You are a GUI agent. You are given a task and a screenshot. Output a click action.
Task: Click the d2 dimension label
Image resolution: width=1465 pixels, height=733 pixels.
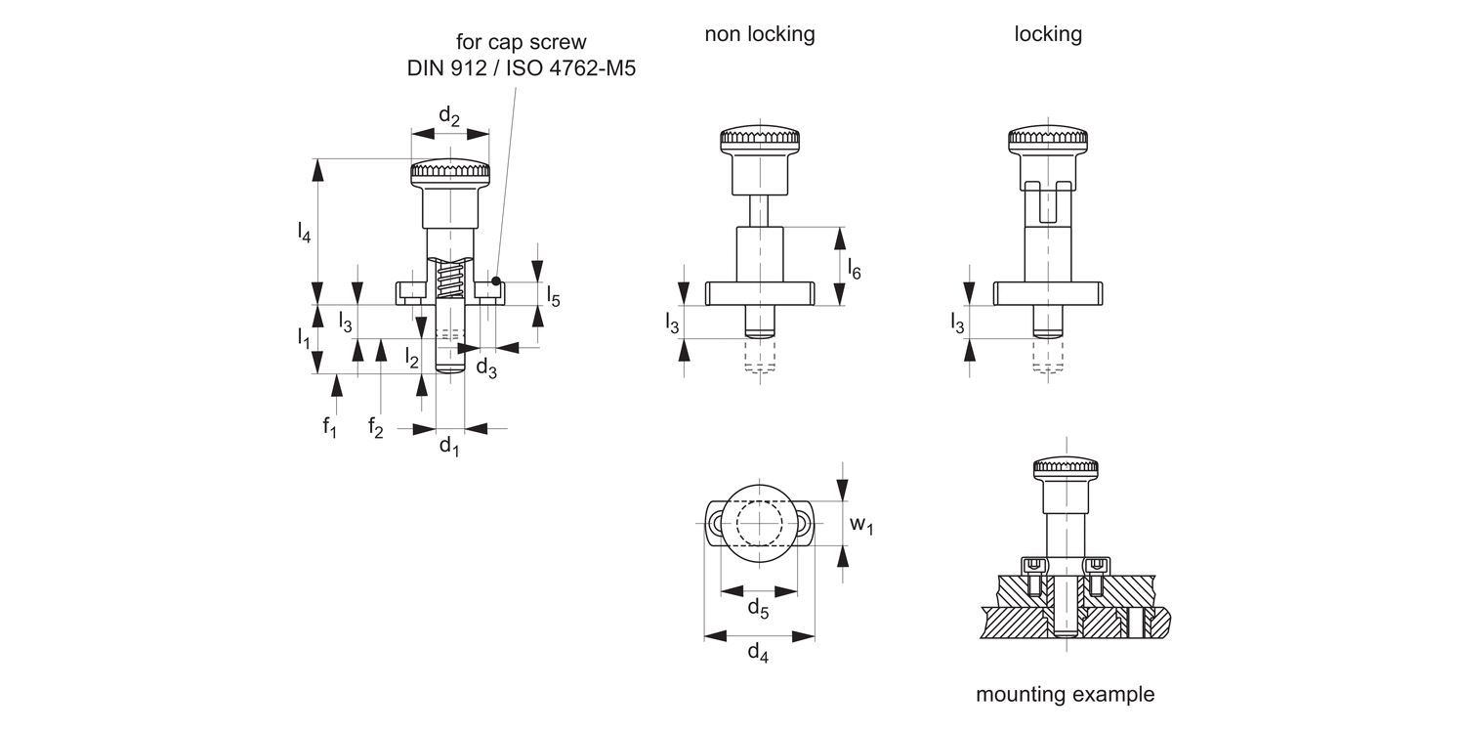(x=449, y=116)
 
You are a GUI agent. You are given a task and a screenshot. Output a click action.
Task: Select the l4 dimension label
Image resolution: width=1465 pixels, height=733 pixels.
(x=305, y=233)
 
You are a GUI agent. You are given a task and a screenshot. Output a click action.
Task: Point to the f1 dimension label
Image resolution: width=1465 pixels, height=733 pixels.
(x=330, y=426)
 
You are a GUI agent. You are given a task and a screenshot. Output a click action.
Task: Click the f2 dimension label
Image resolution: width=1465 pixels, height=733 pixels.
(x=376, y=426)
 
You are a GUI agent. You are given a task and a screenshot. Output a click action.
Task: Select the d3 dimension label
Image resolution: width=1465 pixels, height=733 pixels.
(x=485, y=367)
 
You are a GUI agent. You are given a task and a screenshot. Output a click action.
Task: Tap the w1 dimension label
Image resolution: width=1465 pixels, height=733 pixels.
(x=860, y=525)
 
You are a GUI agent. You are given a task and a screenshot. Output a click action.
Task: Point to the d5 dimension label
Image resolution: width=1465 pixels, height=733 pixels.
(x=758, y=609)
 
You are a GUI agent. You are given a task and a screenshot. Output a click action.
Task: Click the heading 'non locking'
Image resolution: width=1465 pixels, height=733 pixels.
(x=760, y=34)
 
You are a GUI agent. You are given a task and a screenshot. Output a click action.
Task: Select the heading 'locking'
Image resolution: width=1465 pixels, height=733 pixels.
(x=1048, y=34)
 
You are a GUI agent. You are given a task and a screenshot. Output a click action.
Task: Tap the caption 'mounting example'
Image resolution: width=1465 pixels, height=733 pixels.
(x=1065, y=695)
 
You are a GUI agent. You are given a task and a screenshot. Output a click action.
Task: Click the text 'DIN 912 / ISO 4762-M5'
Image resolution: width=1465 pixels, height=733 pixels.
(x=521, y=69)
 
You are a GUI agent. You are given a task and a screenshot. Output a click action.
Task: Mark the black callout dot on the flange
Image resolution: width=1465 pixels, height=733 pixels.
(x=496, y=281)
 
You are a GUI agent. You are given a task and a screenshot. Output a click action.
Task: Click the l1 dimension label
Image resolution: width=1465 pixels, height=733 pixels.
(x=304, y=338)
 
